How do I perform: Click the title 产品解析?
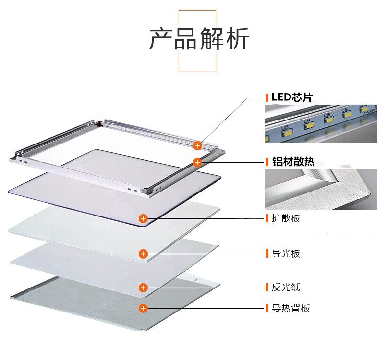click(x=199, y=40)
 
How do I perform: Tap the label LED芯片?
click(x=292, y=97)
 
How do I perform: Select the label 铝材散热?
click(x=293, y=162)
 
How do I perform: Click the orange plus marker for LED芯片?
click(x=197, y=145)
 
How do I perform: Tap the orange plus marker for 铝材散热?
click(x=197, y=162)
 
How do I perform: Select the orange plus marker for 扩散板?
click(x=143, y=218)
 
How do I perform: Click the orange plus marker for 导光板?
click(x=143, y=254)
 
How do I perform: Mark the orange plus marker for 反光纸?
click(x=143, y=287)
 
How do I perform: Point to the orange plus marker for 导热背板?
click(x=143, y=308)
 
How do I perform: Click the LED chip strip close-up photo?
click(x=321, y=123)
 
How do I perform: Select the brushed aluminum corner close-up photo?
click(x=321, y=189)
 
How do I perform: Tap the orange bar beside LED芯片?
click(x=267, y=97)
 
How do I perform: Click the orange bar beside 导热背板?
click(x=267, y=308)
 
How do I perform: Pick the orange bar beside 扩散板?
click(x=267, y=218)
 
